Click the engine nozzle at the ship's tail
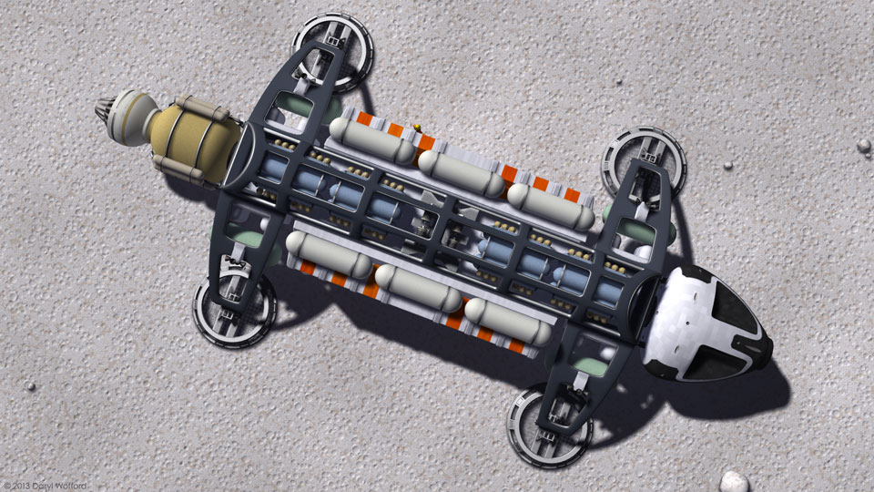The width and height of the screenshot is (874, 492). (105, 109)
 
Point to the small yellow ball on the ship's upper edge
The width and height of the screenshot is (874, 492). (417, 128)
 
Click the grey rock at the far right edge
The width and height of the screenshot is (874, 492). (864, 146)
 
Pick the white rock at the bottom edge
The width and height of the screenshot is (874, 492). (734, 483)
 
